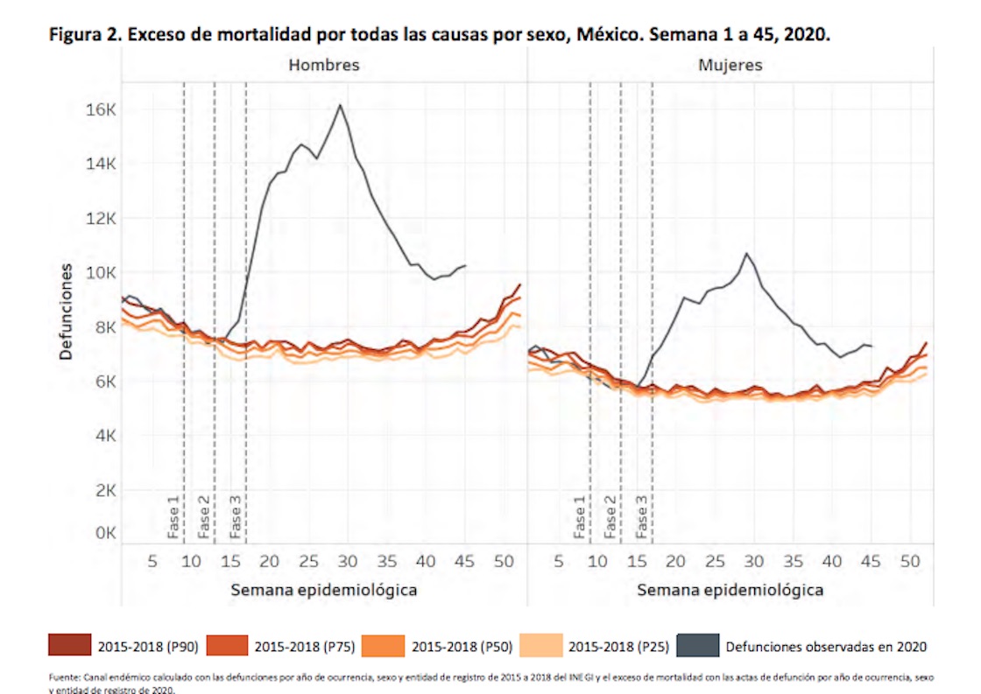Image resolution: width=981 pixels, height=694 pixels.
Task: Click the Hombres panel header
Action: click(x=324, y=65)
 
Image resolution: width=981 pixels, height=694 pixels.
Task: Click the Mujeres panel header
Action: click(x=730, y=65)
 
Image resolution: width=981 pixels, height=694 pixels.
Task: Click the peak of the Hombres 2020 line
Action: click(x=340, y=105)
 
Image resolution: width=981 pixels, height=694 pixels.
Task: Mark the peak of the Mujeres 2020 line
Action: click(x=746, y=254)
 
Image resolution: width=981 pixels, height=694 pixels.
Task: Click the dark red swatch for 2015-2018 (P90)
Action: click(x=67, y=646)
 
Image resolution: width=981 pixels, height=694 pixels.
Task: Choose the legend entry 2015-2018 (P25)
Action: click(x=618, y=647)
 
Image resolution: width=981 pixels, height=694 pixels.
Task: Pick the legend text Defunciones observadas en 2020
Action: click(x=826, y=647)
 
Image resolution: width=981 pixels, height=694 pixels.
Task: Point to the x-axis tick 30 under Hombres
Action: click(x=348, y=560)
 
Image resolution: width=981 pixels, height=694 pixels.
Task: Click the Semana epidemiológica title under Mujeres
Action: click(x=730, y=590)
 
